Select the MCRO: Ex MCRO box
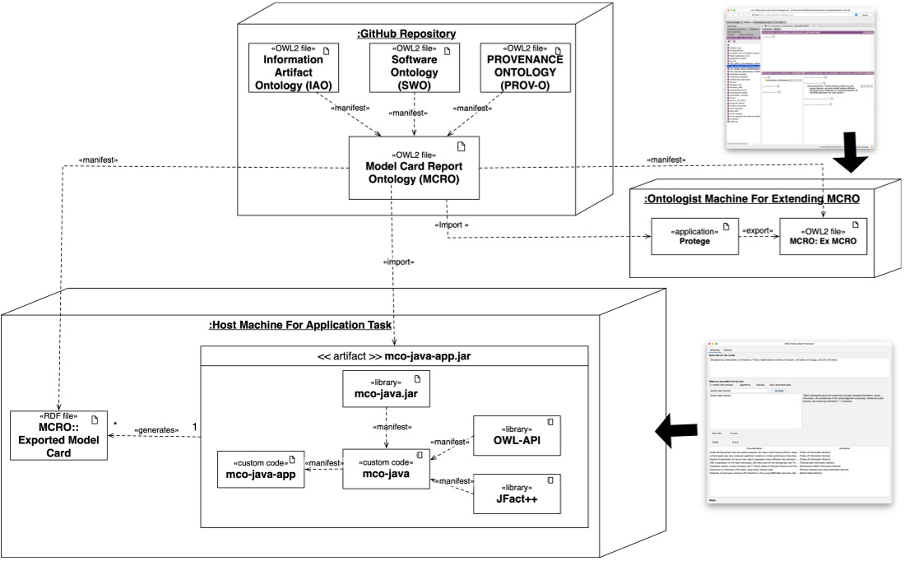pos(823,235)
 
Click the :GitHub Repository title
pos(406,34)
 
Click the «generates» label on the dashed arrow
pos(157,429)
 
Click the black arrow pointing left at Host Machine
pos(674,426)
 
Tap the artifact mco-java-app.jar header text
pos(395,356)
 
